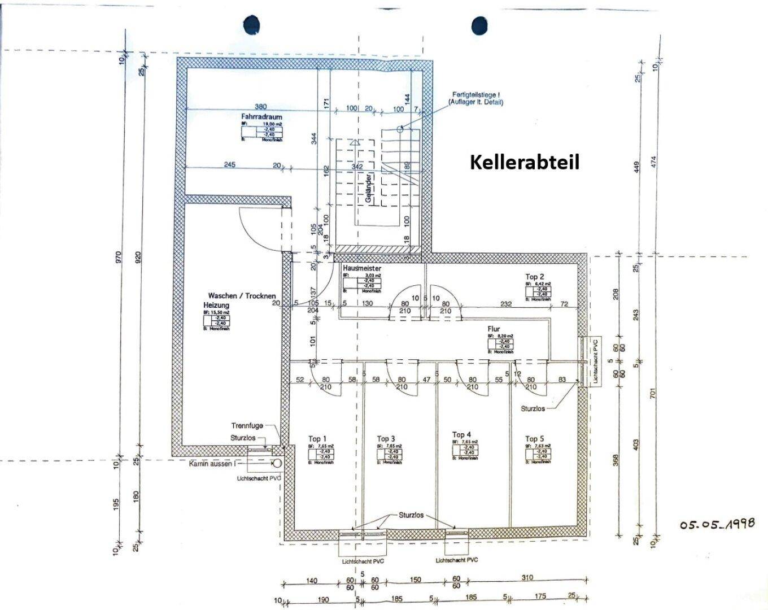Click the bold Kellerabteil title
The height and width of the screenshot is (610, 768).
525,162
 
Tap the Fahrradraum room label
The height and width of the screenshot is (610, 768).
261,116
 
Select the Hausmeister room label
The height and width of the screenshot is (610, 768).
362,269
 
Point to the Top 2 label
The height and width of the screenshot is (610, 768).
535,276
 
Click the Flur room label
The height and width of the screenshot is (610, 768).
495,329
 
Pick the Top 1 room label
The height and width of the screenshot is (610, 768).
317,439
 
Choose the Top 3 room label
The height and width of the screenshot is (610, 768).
386,439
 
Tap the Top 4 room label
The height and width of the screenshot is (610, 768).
461,435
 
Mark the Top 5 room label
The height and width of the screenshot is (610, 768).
535,439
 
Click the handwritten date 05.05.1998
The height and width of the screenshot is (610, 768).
717,524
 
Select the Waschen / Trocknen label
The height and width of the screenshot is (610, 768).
242,295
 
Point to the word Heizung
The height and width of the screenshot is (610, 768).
216,305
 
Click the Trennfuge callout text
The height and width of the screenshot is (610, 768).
247,426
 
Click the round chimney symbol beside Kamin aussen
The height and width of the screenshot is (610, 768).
278,463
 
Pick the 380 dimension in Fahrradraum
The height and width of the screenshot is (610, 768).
260,106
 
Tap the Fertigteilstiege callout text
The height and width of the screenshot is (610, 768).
475,98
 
